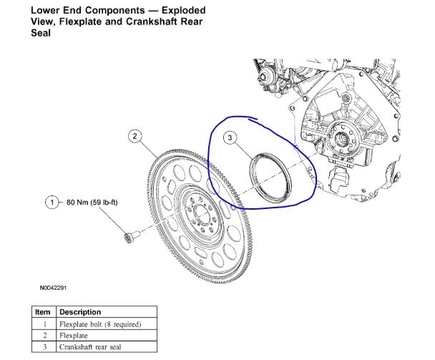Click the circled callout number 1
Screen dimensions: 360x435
click(51, 203)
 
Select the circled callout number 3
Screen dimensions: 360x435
click(230, 137)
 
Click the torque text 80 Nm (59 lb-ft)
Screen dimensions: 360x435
click(88, 203)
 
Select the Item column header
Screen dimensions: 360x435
click(43, 312)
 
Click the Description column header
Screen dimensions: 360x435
click(81, 312)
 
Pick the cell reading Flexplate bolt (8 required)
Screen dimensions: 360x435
click(100, 324)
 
